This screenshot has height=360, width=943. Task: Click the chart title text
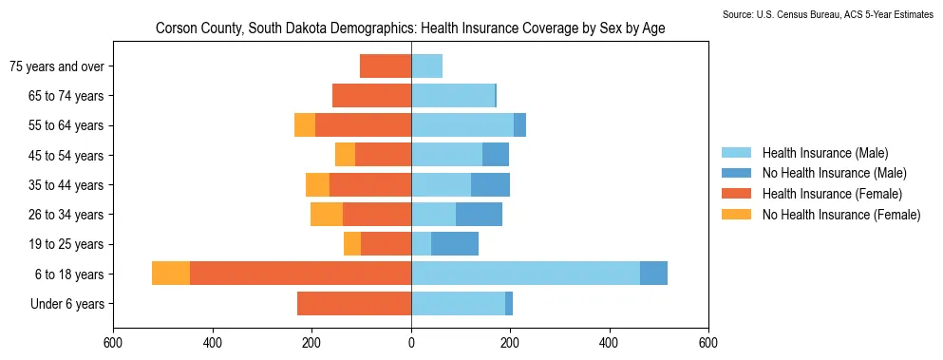pos(410,28)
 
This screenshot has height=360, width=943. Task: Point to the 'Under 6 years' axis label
pos(66,304)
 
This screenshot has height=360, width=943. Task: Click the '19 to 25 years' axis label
pos(66,244)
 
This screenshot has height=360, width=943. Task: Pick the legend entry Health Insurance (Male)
pos(825,153)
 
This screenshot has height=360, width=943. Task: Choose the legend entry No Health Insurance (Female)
pos(841,215)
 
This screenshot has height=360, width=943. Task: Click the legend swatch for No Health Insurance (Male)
pos(736,174)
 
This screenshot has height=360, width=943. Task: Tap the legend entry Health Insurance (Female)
pos(832,194)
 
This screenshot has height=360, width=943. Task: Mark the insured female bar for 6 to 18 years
pos(301,274)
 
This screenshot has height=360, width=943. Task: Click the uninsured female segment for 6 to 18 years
pos(171,274)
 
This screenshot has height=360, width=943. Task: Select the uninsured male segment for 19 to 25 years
pos(455,244)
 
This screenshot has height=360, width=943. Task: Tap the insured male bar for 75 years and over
pos(427,66)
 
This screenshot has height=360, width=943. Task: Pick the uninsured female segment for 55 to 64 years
pos(305,125)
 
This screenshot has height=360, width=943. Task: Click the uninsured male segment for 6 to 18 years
pos(653,274)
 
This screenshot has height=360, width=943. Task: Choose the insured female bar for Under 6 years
pos(354,303)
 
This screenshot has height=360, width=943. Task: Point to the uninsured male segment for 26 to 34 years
pos(479,215)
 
